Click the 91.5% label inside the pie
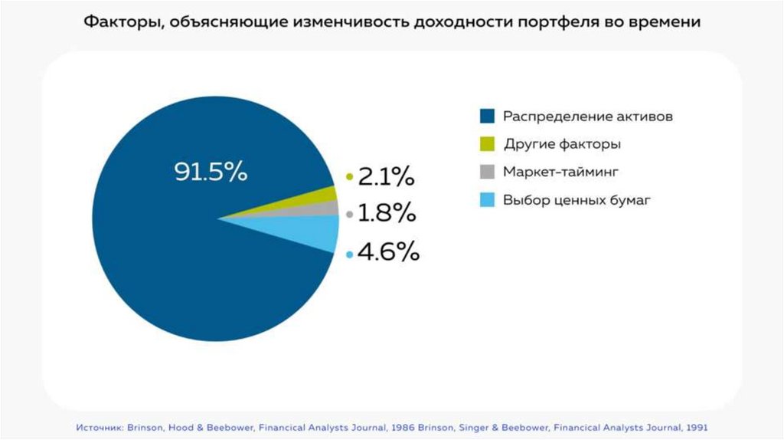(x=211, y=172)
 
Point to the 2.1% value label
(x=386, y=177)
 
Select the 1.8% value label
(x=387, y=214)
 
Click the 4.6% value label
(x=388, y=252)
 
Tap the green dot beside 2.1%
(x=350, y=177)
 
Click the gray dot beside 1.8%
(x=350, y=215)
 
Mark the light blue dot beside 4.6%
(x=350, y=254)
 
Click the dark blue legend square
(x=486, y=117)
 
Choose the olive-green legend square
(x=486, y=144)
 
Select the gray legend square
(x=486, y=172)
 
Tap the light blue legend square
(x=486, y=200)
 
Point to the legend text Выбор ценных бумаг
(x=577, y=200)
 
